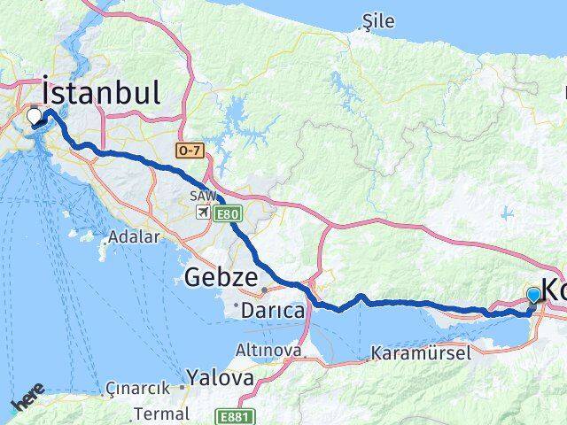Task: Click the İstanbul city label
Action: (101, 93)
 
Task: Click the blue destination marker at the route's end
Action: (534, 296)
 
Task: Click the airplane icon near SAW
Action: (204, 212)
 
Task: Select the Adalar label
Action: (132, 237)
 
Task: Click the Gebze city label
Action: (221, 279)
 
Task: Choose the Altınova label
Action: (268, 352)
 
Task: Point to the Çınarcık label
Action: (136, 387)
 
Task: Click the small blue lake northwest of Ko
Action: (507, 212)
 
